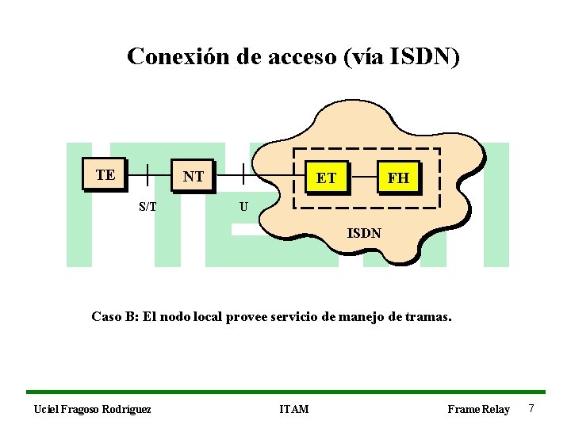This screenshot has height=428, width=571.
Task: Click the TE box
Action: (105, 174)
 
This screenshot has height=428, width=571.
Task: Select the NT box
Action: (193, 176)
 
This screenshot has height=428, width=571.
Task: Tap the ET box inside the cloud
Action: (326, 178)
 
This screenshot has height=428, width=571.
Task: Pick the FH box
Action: (398, 178)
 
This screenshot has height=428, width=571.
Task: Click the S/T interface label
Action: (148, 207)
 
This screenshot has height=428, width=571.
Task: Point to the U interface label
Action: (243, 208)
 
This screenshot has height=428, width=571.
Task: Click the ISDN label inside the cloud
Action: (365, 233)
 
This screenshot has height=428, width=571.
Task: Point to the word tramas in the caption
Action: (429, 317)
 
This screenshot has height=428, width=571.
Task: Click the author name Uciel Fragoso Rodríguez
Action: (92, 409)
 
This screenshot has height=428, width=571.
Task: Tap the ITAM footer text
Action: (295, 409)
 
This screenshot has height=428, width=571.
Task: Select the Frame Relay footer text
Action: (478, 409)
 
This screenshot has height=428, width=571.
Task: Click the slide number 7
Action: (531, 408)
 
